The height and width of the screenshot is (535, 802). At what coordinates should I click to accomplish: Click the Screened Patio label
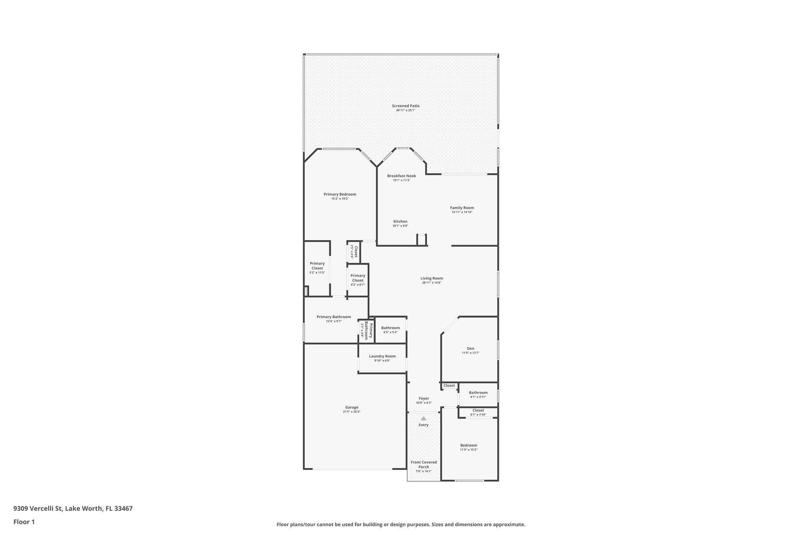(x=405, y=106)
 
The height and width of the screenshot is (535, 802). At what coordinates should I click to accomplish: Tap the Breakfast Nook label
(x=401, y=176)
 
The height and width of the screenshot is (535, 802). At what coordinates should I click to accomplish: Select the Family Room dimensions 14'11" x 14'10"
(x=462, y=212)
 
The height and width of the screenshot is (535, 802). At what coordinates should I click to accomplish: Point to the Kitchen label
(x=400, y=221)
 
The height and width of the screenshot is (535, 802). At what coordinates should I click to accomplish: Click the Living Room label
(x=432, y=278)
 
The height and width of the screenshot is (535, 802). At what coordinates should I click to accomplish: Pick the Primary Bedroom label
(x=340, y=194)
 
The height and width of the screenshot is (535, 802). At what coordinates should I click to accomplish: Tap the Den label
(x=470, y=348)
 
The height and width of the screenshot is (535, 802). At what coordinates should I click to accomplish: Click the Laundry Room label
(x=382, y=356)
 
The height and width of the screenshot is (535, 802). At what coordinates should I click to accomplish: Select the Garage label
(x=352, y=407)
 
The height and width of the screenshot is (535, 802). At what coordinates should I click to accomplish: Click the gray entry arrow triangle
(x=423, y=419)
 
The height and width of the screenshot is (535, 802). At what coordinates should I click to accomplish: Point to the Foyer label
(x=424, y=398)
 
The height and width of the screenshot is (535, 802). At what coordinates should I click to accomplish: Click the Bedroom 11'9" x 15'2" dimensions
(x=468, y=450)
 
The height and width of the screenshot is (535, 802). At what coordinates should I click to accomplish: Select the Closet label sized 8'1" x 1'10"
(x=478, y=410)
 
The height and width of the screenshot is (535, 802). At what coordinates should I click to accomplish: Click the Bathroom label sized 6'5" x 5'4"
(x=390, y=328)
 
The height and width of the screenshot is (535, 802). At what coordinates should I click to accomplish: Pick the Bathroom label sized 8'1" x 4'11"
(x=478, y=392)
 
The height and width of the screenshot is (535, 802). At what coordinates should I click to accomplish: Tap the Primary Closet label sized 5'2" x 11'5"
(x=317, y=266)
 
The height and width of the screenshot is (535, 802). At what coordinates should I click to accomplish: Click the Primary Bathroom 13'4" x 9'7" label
(x=334, y=317)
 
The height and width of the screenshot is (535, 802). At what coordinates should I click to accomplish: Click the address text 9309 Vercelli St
(x=38, y=508)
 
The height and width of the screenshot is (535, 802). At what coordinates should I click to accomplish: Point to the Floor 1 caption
(x=24, y=522)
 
